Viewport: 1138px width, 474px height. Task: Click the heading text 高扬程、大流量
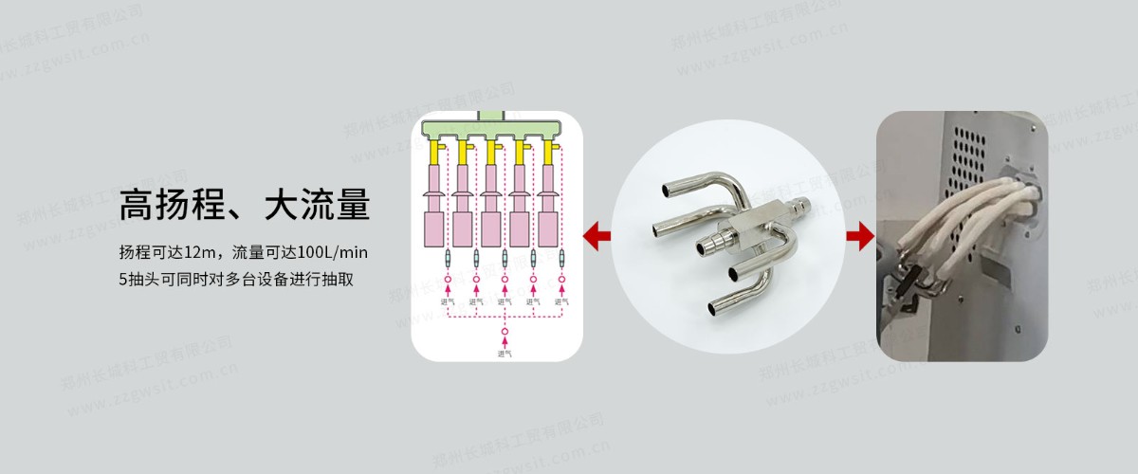point(244,205)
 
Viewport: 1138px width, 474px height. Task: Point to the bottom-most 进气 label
point(505,354)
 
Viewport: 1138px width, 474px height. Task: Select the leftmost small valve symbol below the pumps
point(447,259)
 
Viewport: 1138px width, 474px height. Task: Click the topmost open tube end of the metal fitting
point(670,191)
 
